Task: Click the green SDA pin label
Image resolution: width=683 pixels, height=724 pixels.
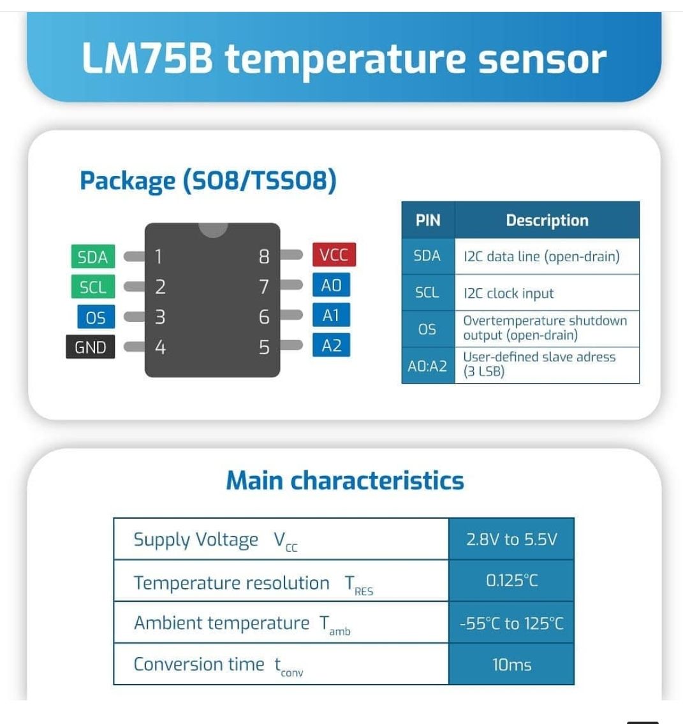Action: [x=92, y=257]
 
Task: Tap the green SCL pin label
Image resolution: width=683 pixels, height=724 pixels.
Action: [x=92, y=287]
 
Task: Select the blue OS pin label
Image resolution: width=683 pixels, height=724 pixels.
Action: [x=96, y=317]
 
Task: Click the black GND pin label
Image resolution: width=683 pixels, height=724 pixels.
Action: [x=90, y=347]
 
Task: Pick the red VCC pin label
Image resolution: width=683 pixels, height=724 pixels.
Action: [x=334, y=255]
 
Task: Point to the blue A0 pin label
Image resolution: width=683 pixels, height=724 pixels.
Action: [x=331, y=286]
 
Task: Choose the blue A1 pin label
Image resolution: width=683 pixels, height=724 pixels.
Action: [x=331, y=315]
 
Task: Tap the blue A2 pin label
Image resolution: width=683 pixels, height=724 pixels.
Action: [x=331, y=345]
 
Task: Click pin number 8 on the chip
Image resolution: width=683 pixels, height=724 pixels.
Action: [x=264, y=257]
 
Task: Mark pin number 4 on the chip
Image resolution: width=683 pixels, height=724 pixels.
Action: [x=160, y=347]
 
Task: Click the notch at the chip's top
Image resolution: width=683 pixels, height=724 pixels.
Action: [x=212, y=228]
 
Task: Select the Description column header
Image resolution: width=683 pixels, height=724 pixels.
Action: [x=547, y=221]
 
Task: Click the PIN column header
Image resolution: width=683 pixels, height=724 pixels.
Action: [x=428, y=221]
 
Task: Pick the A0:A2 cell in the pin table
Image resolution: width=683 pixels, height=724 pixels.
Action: [x=428, y=366]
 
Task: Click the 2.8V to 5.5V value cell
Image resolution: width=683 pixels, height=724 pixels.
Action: [x=511, y=540]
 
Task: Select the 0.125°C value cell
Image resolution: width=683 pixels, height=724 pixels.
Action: [x=511, y=581]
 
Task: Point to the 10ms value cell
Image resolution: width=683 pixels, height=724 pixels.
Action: [x=511, y=665]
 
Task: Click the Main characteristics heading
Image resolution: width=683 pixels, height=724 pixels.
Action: [x=345, y=481]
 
